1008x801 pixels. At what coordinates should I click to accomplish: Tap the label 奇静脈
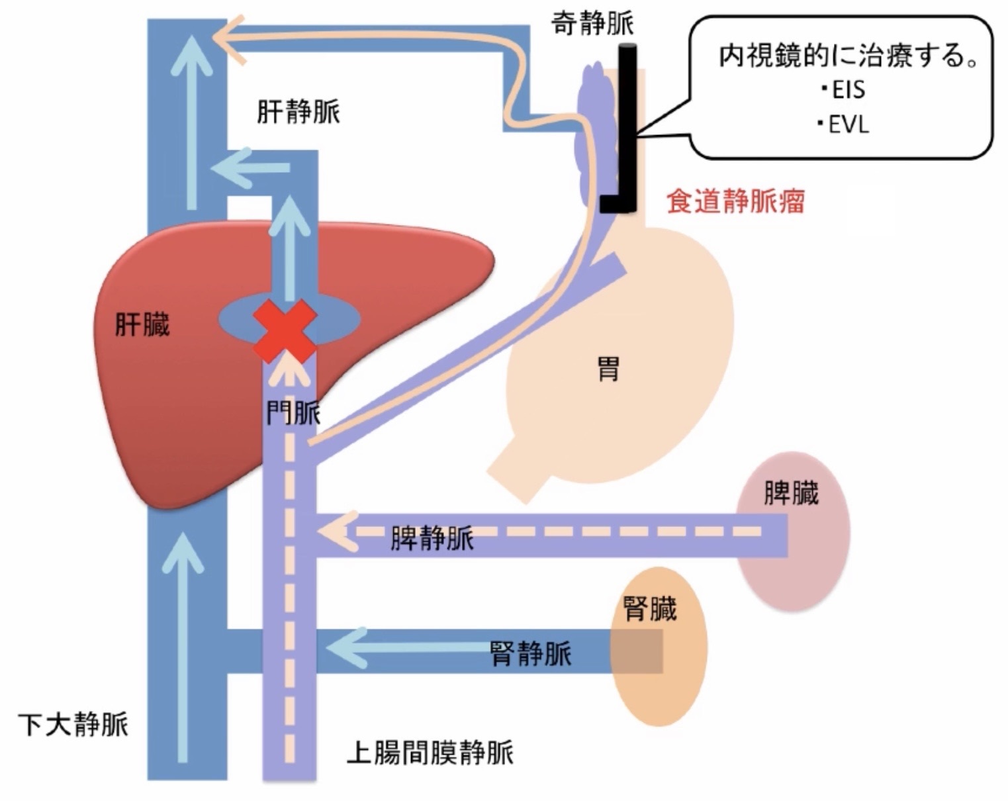pos(592,24)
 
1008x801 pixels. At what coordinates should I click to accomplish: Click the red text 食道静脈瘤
pos(735,201)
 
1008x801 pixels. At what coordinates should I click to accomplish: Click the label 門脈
pos(293,414)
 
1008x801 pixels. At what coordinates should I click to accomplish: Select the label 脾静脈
pos(432,538)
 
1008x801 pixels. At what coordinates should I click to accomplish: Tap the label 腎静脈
pos(531,654)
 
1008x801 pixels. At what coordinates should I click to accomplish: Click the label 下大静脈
pos(73,724)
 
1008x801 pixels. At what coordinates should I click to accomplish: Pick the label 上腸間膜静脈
pos(430,753)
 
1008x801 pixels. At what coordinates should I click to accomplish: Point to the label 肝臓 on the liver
pos(142,324)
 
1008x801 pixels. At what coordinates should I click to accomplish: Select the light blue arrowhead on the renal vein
pos(344,647)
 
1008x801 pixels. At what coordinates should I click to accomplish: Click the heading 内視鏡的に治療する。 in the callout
pos(848,56)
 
